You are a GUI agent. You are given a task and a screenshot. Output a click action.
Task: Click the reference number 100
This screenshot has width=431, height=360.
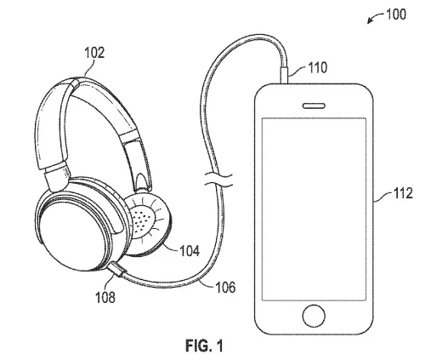point(396,14)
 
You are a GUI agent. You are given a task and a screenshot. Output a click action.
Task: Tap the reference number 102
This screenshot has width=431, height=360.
point(94,53)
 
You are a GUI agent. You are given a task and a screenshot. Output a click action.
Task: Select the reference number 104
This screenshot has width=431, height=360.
point(190,251)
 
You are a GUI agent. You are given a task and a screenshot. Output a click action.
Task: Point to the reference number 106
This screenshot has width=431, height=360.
point(225,287)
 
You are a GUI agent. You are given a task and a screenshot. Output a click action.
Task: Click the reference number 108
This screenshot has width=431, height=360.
point(105,297)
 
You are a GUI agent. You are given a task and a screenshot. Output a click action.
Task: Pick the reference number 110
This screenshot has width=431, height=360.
point(317,67)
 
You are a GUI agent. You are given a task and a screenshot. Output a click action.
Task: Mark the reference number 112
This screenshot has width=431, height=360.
point(403,193)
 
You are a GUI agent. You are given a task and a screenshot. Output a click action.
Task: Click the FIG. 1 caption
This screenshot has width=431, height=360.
point(204,346)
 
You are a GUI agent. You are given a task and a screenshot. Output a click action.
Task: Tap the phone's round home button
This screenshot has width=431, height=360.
point(314,316)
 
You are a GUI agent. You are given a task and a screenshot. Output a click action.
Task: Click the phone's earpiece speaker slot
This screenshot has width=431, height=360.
point(314,106)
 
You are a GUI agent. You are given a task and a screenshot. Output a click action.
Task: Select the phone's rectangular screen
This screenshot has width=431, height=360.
point(314,209)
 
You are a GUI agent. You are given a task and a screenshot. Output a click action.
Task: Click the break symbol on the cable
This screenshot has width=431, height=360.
point(218,180)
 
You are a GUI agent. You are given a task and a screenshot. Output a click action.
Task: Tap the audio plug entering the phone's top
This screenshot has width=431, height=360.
point(284,75)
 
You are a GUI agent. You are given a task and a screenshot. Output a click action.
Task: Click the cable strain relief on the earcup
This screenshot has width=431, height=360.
point(116,269)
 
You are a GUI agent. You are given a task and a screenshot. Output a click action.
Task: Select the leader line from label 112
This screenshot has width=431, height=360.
point(383,197)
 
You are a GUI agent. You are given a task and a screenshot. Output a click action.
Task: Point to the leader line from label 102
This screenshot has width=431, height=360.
point(89,67)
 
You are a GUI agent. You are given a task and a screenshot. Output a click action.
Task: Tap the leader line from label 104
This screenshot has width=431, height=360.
point(171,246)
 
